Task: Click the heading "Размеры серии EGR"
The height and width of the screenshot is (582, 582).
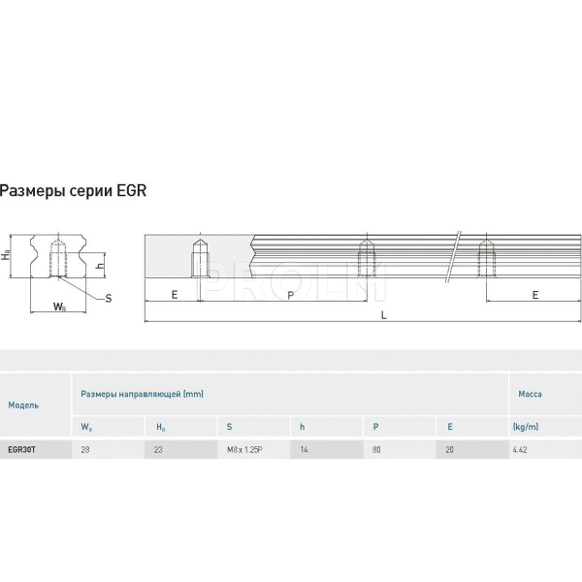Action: coord(73,190)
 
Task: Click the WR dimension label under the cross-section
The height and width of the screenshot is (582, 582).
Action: coord(59,307)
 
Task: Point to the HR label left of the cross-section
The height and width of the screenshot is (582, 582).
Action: coord(6,254)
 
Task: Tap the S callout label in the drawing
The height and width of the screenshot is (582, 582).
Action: coord(109,298)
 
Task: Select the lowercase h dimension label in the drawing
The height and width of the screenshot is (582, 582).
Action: coord(100,266)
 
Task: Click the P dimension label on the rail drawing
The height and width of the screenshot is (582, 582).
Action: coord(291,296)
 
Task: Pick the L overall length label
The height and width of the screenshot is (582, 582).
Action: coord(384,315)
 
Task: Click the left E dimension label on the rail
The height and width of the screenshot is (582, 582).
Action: coord(175,295)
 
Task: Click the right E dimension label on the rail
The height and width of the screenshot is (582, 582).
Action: coord(534,295)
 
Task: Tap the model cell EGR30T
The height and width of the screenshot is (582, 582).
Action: coord(22,449)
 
